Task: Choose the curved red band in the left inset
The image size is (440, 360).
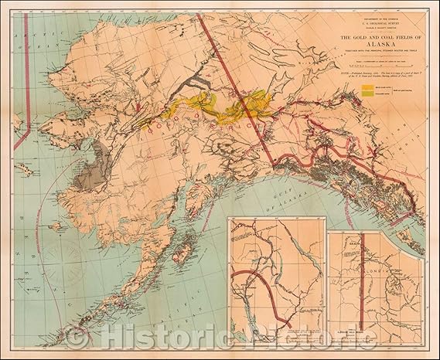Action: tap(267, 290)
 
